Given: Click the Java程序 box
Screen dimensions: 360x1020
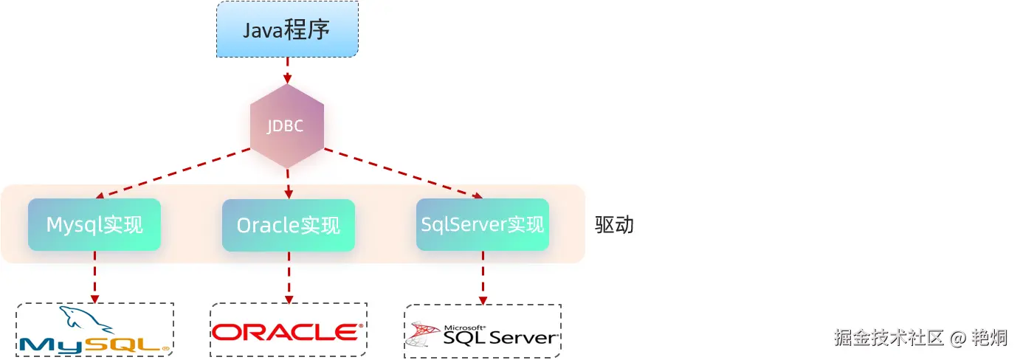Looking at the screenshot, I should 287,30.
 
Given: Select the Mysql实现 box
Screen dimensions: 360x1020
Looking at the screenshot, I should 94,224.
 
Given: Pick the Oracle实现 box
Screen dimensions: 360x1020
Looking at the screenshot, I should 289,225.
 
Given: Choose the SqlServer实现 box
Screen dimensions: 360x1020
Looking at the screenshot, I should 482,224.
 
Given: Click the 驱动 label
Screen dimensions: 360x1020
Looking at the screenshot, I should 614,225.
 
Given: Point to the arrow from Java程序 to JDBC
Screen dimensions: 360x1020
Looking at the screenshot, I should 287,70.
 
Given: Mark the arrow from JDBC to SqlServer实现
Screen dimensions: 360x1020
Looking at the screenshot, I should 402,175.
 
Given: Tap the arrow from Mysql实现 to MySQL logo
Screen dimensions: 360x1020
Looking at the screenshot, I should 94,277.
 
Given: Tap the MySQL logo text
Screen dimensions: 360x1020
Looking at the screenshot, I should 94,344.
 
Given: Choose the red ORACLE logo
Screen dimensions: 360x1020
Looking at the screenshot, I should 288,331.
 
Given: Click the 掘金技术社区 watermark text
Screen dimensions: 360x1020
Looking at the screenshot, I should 889,338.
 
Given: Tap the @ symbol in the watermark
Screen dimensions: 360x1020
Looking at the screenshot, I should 958,339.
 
